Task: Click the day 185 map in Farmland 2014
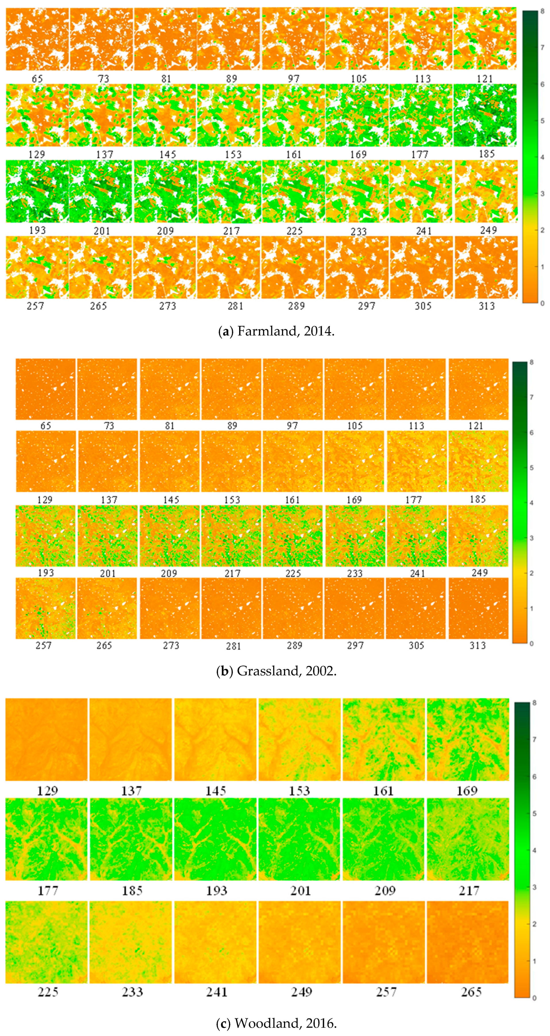485,115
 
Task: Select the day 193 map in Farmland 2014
37,192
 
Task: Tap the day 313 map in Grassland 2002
478,608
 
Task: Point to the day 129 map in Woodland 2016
46,739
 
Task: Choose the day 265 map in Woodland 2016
468,942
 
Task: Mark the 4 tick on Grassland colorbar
532,503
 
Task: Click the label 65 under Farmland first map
37,79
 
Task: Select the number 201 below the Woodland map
300,891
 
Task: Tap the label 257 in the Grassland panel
43,645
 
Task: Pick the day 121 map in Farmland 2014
485,39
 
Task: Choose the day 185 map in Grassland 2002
478,461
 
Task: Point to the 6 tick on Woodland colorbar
534,776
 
